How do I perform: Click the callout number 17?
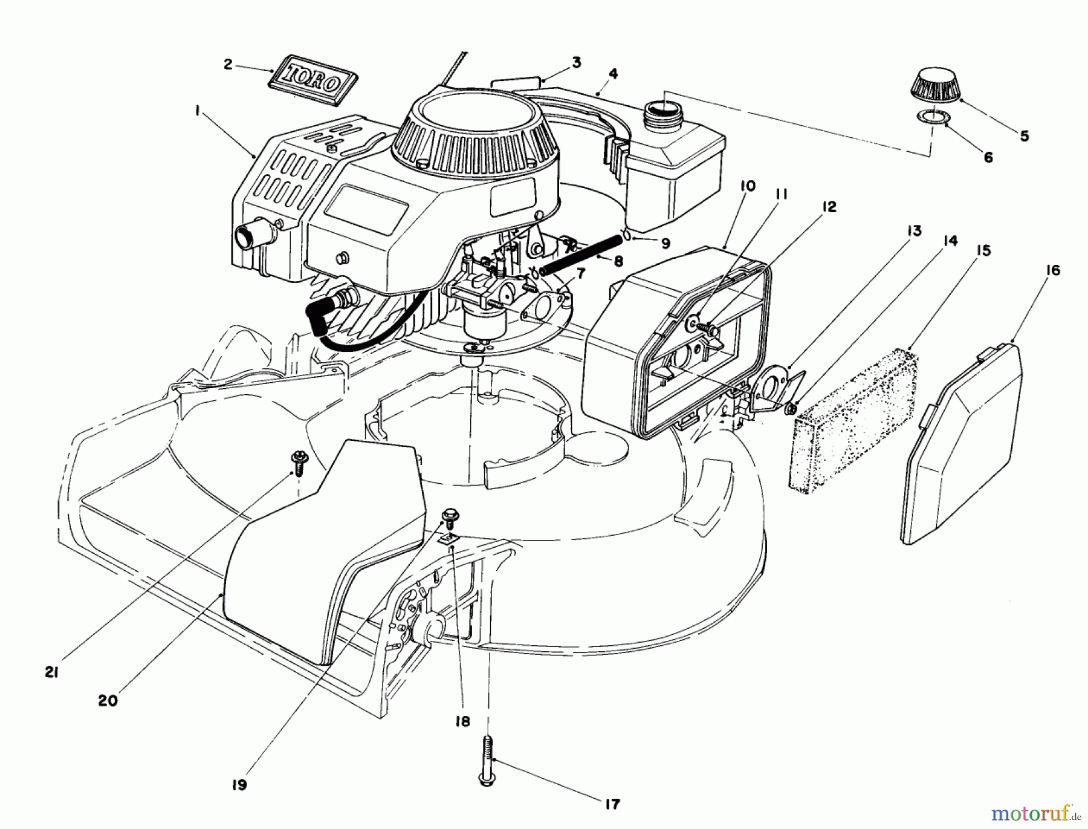(612, 804)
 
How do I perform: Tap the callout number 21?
(51, 672)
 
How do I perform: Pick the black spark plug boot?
(325, 314)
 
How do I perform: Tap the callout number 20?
(108, 701)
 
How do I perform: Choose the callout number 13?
(914, 231)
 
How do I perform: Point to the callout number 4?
(613, 74)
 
